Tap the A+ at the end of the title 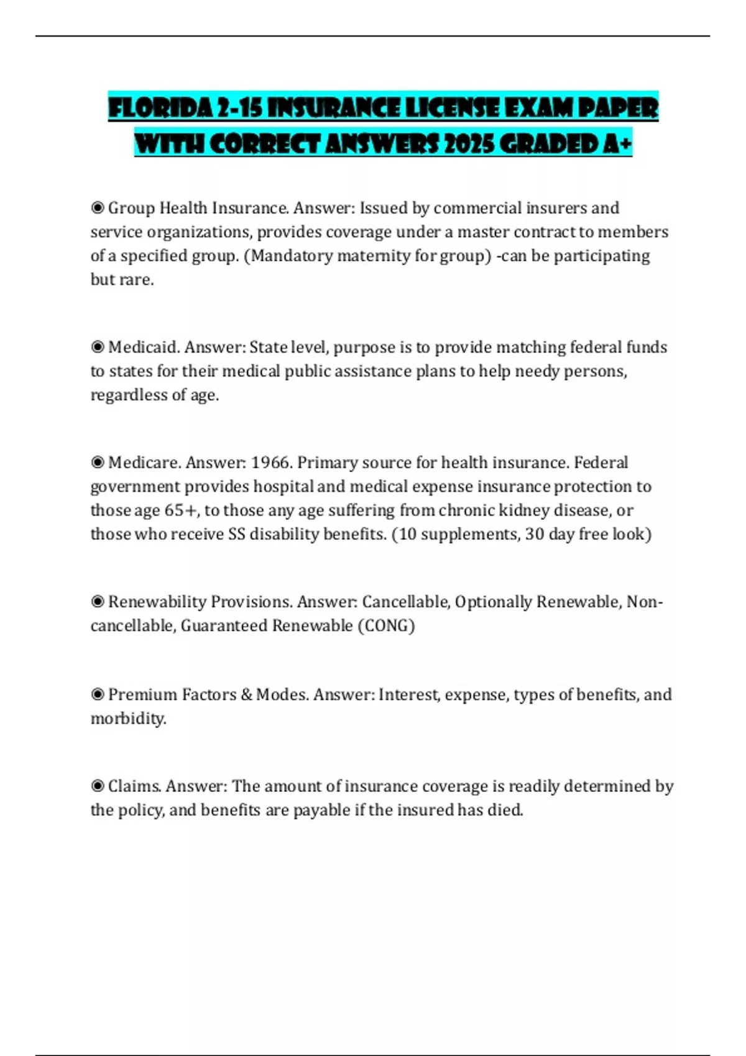tap(617, 144)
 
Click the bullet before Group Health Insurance tap(98, 207)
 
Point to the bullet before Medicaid tap(98, 347)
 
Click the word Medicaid tap(144, 347)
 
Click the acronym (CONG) tap(386, 626)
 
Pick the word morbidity tap(128, 719)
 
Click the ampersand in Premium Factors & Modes tap(246, 694)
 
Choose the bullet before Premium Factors tap(98, 694)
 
